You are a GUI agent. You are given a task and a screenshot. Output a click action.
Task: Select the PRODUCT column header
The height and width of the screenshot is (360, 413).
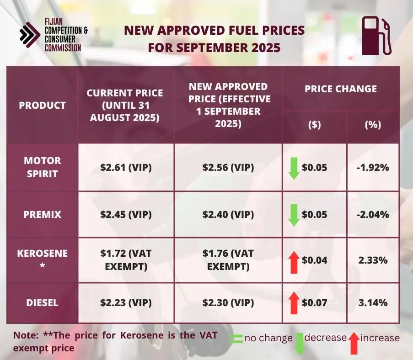pyautogui.click(x=42, y=105)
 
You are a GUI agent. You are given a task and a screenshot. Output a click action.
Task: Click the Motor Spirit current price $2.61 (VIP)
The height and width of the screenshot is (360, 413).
pyautogui.click(x=126, y=167)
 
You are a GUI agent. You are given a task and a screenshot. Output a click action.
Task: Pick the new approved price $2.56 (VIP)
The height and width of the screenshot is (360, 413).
pyautogui.click(x=228, y=167)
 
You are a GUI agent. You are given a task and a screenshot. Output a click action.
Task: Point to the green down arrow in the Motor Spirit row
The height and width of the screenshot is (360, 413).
pyautogui.click(x=294, y=168)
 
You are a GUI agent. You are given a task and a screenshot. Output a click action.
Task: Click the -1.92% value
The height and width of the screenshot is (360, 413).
pyautogui.click(x=373, y=168)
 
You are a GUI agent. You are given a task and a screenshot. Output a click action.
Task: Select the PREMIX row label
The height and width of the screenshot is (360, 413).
pyautogui.click(x=42, y=215)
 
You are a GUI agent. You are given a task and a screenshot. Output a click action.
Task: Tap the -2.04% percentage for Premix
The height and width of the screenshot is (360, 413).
pyautogui.click(x=373, y=215)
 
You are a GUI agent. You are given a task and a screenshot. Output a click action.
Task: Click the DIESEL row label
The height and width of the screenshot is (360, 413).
pyautogui.click(x=42, y=302)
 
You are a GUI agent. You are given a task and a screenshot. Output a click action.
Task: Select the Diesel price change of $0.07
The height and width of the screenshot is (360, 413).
pyautogui.click(x=314, y=302)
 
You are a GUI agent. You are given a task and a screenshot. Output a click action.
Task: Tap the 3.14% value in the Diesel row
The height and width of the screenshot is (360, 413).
pyautogui.click(x=373, y=302)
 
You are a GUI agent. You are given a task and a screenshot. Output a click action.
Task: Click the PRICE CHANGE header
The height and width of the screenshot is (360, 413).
pyautogui.click(x=341, y=89)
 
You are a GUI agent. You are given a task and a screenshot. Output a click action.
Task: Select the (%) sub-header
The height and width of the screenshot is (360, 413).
pyautogui.click(x=373, y=125)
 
